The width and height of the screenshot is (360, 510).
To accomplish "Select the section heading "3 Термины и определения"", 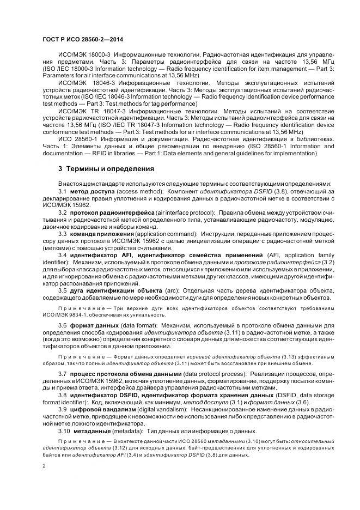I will point(106,169).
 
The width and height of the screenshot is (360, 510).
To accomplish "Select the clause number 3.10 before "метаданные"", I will point(64,430).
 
